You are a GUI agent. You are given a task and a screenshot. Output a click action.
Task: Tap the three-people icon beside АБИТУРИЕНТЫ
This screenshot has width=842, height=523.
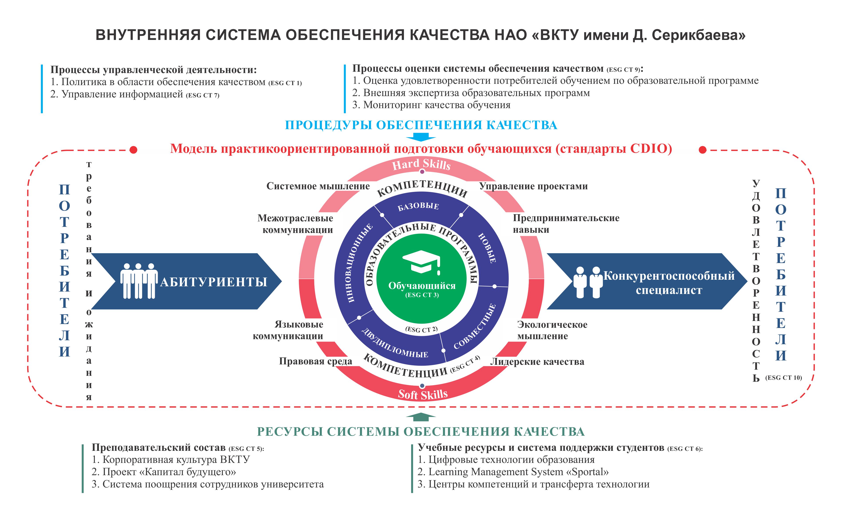[139, 281]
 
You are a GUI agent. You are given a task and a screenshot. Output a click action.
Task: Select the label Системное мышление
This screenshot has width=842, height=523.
[318, 186]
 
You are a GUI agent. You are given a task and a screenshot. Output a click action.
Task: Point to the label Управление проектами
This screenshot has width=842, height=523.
[533, 186]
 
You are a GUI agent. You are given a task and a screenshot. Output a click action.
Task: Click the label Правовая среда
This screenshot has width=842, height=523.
[315, 362]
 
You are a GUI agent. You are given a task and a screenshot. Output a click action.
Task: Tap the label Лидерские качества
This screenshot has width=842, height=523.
[537, 362]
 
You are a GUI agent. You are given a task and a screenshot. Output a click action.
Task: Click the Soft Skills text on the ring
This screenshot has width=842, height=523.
[423, 394]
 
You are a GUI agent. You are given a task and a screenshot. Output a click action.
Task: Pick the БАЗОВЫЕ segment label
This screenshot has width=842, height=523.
[418, 206]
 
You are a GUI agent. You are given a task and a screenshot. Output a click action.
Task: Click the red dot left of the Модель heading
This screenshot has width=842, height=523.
[133, 150]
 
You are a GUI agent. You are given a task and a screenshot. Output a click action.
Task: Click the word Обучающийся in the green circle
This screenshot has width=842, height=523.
[422, 286]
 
